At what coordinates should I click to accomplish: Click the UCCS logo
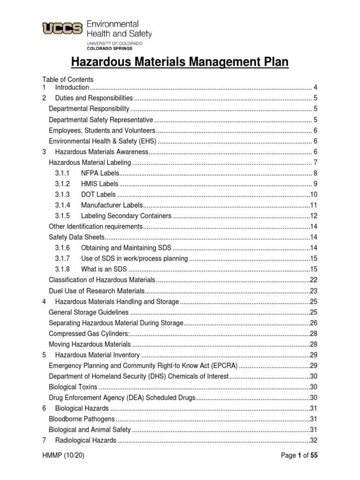[63, 29]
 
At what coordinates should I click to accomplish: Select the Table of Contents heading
[68, 79]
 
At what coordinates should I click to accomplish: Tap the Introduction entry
[72, 87]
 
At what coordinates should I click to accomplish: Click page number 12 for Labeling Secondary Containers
[314, 216]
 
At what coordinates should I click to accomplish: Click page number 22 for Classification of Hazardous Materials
[314, 280]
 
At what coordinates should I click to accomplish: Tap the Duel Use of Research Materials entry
[96, 291]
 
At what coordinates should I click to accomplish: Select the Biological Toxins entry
[73, 387]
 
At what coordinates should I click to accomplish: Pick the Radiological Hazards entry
[85, 441]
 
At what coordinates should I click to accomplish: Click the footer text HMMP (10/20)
[63, 455]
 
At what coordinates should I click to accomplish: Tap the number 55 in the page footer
[314, 455]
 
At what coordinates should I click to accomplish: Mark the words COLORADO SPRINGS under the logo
[110, 48]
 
